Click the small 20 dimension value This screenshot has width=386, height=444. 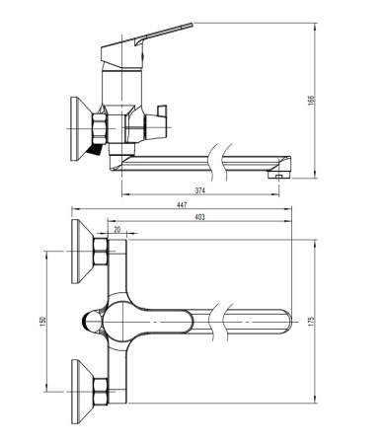[x=118, y=229]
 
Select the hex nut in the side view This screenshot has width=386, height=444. [x=100, y=128]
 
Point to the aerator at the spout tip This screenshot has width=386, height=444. [x=279, y=174]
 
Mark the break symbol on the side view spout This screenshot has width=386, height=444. [x=214, y=158]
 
